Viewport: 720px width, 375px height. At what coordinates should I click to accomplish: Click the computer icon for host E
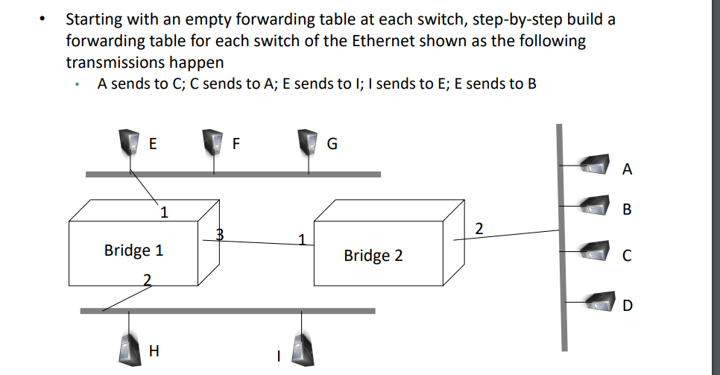(131, 140)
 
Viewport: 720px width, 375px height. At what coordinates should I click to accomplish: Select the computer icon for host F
(215, 140)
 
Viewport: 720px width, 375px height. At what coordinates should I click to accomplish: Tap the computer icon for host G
(307, 140)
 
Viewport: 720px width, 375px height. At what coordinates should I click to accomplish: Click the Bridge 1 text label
(133, 250)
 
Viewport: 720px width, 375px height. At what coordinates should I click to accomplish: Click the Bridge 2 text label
(373, 256)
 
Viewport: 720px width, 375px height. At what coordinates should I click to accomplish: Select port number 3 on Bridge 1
(219, 234)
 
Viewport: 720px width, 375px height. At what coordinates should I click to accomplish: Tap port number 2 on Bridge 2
(479, 227)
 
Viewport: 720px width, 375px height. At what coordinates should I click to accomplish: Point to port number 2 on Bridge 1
(147, 280)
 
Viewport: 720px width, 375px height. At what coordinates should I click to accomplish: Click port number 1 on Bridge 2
(302, 239)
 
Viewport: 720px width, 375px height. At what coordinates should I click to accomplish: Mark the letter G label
(332, 145)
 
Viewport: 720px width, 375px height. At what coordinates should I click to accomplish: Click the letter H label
(154, 349)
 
